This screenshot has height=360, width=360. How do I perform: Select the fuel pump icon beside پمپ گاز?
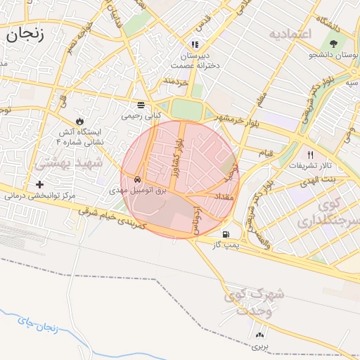click(x=226, y=234)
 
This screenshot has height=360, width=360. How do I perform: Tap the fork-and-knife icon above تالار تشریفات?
click(x=310, y=155)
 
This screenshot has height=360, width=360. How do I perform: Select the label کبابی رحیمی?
click(x=141, y=114)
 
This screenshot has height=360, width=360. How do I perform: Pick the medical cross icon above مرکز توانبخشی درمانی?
click(x=49, y=184)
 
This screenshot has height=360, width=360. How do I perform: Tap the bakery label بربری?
click(x=262, y=346)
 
